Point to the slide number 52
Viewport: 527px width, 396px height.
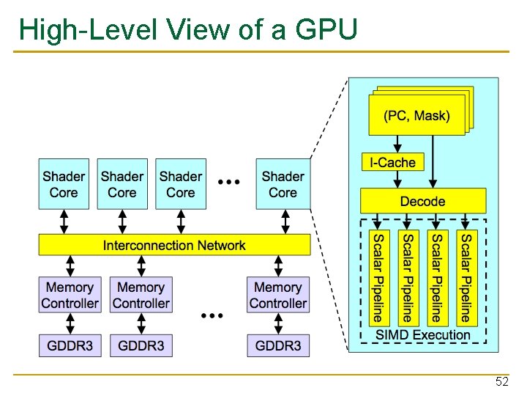pos(501,381)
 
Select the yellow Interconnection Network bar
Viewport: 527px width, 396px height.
pos(174,245)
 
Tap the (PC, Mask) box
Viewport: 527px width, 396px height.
pos(416,116)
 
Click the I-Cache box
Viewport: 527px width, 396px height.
pos(392,163)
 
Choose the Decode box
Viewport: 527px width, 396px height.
pos(422,201)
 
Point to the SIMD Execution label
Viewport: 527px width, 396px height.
pos(422,335)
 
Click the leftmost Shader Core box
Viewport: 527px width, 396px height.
pos(64,184)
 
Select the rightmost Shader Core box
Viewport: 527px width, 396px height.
pos(283,184)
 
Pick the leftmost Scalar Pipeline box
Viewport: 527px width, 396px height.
pos(378,277)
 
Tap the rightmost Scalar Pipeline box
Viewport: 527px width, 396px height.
pos(466,277)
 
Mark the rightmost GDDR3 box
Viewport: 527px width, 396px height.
pos(278,345)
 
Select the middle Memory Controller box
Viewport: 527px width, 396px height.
pos(141,296)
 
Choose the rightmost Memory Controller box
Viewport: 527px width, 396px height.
pos(278,296)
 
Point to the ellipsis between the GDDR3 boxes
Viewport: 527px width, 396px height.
pos(211,315)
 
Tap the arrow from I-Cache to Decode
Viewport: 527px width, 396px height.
pos(392,180)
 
